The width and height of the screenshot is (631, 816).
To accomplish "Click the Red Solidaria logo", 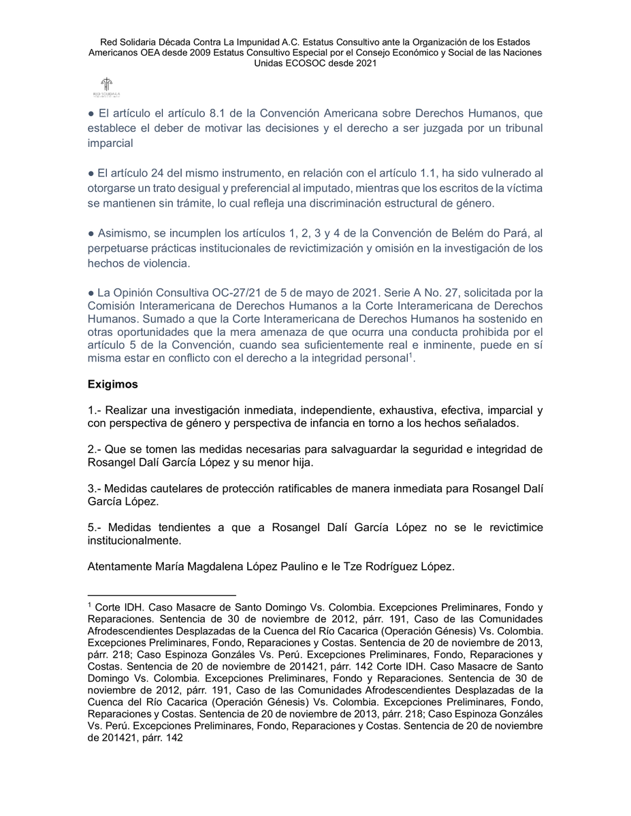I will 106,87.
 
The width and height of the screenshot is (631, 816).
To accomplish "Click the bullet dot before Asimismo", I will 91,233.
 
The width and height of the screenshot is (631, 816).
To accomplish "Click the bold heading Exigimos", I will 113,384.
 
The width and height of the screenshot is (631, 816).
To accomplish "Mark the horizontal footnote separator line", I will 161,594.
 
